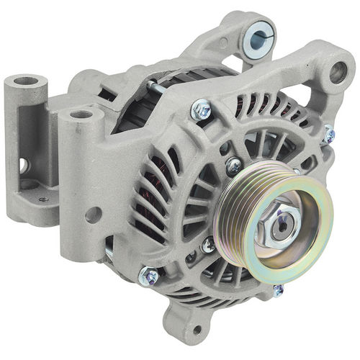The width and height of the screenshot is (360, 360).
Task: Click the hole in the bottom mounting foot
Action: (197, 330)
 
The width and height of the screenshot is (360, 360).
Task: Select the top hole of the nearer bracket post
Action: (81, 114)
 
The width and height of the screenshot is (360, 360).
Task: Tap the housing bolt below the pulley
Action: (278, 290)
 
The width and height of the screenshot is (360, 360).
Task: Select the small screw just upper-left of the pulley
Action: (233, 166)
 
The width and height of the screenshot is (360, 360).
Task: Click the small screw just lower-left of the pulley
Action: (207, 246)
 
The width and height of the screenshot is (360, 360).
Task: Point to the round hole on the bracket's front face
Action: (91, 214)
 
